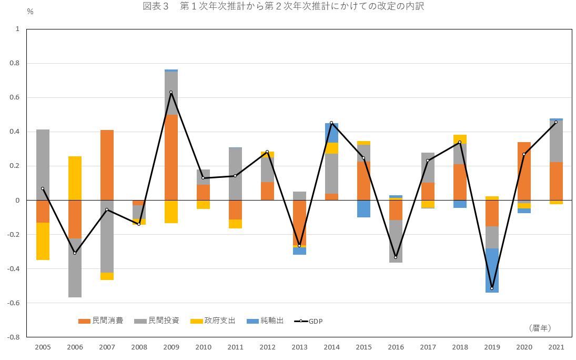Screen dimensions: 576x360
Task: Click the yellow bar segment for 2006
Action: tap(75, 178)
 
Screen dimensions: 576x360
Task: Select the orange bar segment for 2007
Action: tap(107, 165)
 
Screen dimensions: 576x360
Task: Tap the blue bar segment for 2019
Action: tap(492, 271)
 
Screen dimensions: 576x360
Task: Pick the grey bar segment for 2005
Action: tap(43, 165)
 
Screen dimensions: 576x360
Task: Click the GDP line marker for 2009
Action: tap(171, 92)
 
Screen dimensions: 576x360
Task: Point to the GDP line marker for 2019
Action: tap(492, 288)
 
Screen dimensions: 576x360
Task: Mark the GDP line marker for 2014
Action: tap(331, 123)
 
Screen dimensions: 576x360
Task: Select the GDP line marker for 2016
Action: tap(396, 257)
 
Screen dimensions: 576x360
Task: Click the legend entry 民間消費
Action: tap(100, 321)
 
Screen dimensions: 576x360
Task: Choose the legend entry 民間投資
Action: tap(156, 321)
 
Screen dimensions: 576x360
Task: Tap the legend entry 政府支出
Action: tap(213, 321)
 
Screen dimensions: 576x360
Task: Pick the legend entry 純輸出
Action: tap(265, 321)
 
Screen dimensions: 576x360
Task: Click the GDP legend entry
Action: tap(309, 321)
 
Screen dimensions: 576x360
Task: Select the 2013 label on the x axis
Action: tap(299, 347)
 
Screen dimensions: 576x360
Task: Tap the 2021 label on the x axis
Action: tap(556, 347)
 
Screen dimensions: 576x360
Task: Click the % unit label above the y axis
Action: tap(30, 12)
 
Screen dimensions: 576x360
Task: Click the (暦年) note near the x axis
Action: tap(540, 328)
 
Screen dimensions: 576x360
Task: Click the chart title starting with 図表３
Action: tap(283, 6)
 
